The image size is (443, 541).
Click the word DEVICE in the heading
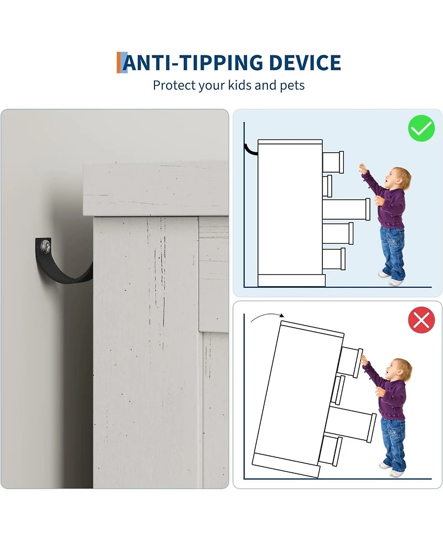pos(305,63)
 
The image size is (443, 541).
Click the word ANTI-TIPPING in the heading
pos(193,63)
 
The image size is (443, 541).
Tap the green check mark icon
pos(421,128)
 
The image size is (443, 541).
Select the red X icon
pos(421,320)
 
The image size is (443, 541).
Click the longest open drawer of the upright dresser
pos(346,209)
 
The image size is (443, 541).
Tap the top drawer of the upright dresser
pos(333,162)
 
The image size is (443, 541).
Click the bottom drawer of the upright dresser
pos(334,259)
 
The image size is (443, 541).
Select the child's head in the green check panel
pos(401,178)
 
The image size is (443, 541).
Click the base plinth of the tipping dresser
pos(285,466)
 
